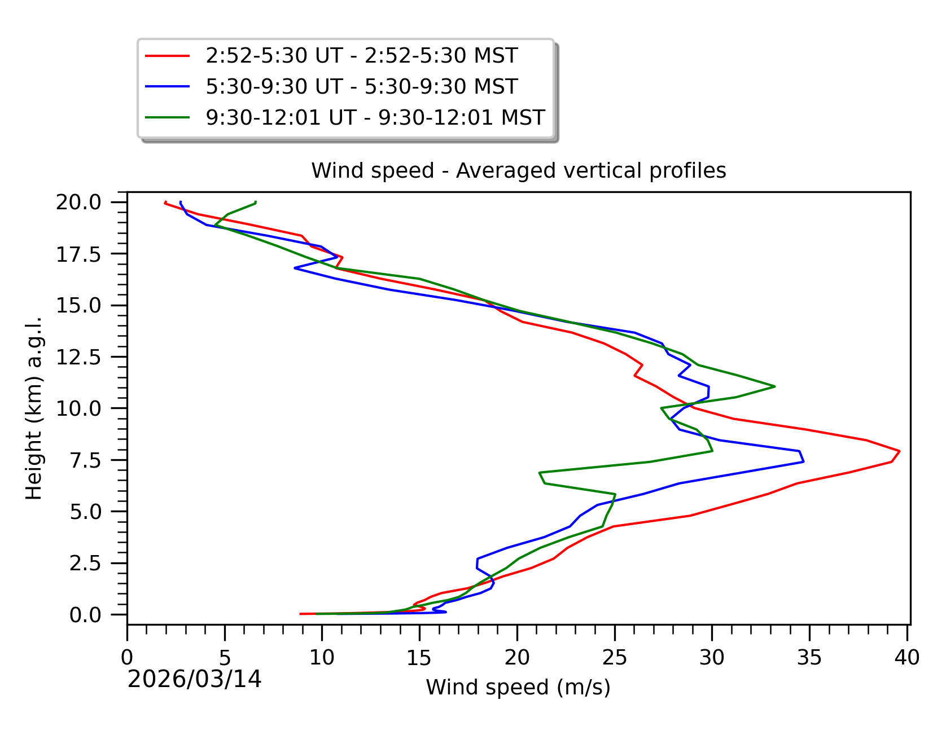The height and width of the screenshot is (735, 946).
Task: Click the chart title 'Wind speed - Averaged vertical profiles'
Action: click(x=518, y=170)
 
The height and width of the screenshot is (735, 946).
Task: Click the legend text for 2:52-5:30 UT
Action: click(x=361, y=56)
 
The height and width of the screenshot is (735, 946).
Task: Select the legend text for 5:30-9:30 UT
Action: click(x=361, y=87)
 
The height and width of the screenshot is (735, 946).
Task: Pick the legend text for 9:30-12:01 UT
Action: click(x=375, y=118)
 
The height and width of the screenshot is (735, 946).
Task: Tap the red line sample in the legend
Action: click(x=167, y=56)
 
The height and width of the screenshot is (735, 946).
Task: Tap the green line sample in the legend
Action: click(x=167, y=118)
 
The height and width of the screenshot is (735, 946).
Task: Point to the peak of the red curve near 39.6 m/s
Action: click(x=899, y=451)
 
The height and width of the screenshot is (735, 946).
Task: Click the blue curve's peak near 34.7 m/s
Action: click(x=803, y=461)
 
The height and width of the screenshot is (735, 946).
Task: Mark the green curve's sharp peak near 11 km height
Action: click(x=774, y=386)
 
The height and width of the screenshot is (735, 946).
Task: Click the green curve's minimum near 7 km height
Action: click(x=540, y=472)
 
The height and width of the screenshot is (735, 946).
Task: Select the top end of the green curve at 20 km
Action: click(x=256, y=202)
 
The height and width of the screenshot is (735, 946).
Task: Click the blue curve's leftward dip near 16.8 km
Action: click(x=295, y=269)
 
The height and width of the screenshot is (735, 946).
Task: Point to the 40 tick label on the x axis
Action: click(x=907, y=658)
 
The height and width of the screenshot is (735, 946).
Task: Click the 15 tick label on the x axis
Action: click(x=419, y=658)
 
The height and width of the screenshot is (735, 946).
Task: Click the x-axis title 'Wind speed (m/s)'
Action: click(x=518, y=687)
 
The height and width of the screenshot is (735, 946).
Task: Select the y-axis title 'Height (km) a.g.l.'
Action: click(x=34, y=408)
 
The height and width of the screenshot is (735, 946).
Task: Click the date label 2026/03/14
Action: click(x=195, y=679)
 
